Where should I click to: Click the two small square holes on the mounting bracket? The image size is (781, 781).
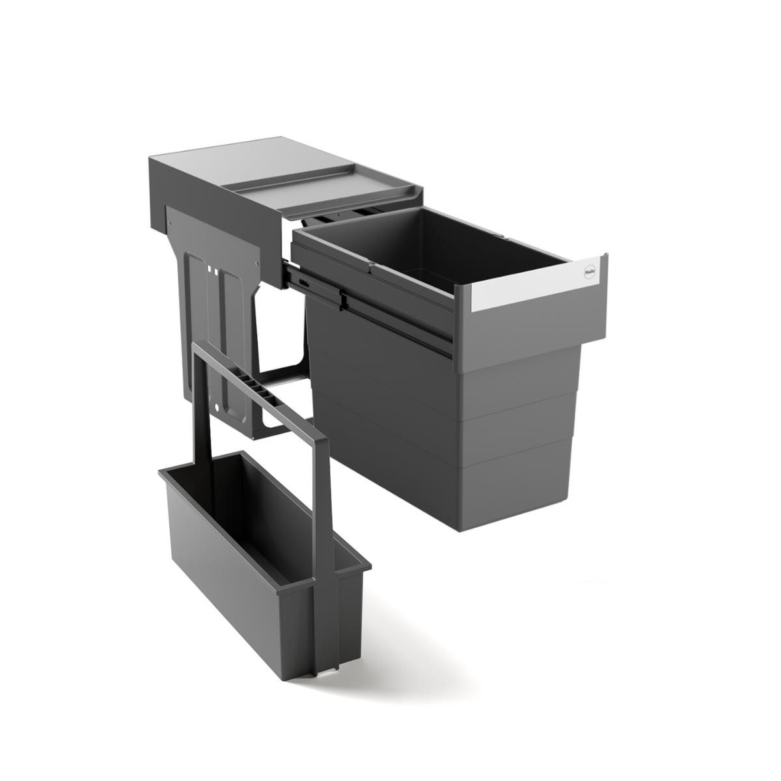[x=213, y=267]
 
